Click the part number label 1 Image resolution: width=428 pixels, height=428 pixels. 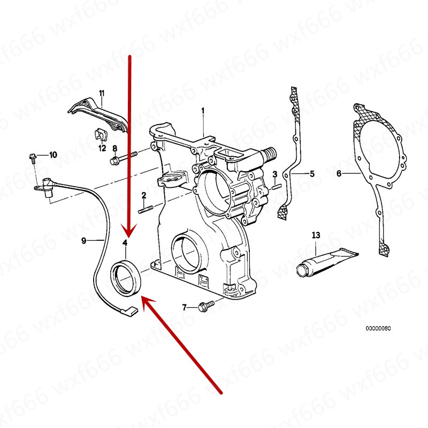point(203,111)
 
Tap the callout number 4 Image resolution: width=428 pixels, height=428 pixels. point(125,243)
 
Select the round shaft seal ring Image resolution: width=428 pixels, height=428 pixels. point(126,277)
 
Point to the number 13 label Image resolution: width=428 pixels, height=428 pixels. point(316,235)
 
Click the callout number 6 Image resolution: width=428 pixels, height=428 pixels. point(339,173)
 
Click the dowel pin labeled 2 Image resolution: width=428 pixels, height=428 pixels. point(146,208)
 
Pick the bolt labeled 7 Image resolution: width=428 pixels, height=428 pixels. point(204,307)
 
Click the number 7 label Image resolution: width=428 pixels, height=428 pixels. point(185,307)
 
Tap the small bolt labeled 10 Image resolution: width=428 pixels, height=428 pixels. point(32,157)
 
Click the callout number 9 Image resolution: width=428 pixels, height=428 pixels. point(83,241)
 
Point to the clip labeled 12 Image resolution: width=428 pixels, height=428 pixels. point(99,134)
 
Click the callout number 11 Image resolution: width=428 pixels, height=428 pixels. point(102,95)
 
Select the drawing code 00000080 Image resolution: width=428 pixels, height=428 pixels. point(378,327)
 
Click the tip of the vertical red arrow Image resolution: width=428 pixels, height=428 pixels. point(129,236)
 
